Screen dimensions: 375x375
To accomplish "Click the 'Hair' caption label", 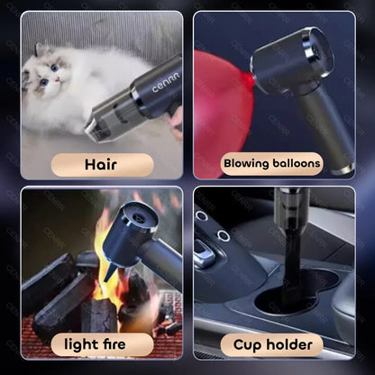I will (x=100, y=164).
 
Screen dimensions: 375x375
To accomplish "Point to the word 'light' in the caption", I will (x=80, y=344).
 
